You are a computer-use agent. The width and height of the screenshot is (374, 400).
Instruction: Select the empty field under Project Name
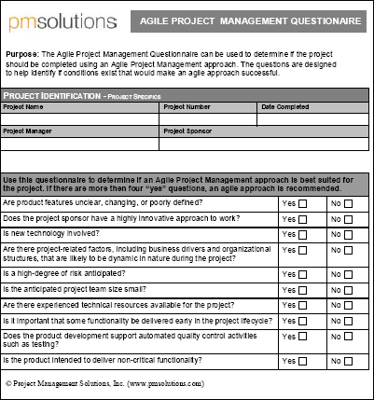point(82,118)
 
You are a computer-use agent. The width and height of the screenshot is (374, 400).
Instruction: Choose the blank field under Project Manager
point(82,145)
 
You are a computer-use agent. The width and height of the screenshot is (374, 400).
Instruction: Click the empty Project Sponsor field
point(266,145)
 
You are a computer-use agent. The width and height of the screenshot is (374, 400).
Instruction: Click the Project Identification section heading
point(81,96)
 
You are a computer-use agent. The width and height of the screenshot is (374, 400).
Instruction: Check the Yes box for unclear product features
point(302,203)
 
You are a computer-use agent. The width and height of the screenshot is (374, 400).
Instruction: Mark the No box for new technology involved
point(348,234)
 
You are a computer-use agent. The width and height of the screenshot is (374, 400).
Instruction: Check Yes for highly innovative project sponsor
point(302,219)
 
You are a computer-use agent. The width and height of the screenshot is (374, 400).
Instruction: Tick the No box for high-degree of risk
point(348,274)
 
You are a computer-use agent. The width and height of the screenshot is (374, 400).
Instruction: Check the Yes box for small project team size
point(302,290)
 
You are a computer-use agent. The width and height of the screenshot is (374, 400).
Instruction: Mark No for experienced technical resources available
point(348,306)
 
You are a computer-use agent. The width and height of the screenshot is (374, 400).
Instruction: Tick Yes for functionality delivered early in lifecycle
point(302,321)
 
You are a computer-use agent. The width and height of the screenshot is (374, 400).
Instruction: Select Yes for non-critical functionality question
point(302,361)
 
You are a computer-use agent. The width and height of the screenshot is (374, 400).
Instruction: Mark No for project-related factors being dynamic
point(348,251)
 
